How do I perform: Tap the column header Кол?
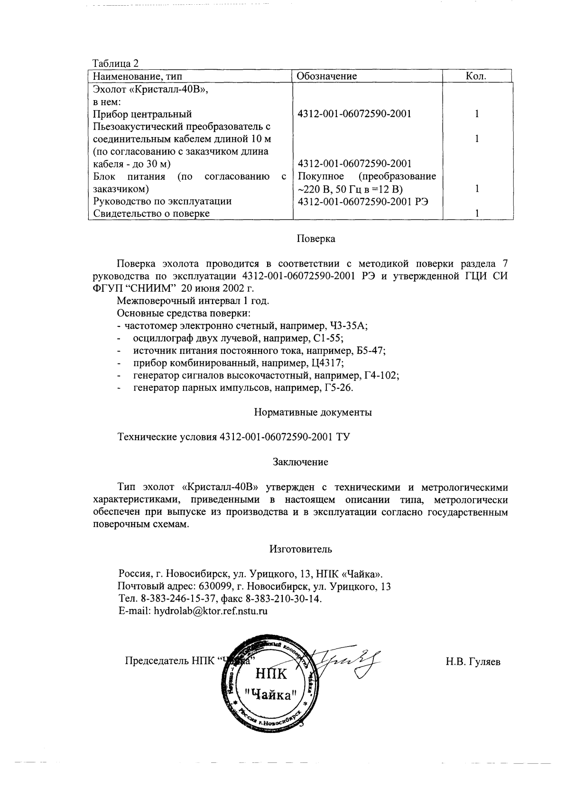476,76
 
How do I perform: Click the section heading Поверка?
316,239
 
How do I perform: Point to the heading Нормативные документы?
313,412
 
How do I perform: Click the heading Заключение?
300,462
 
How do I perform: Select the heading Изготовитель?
301,549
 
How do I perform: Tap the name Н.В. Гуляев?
473,661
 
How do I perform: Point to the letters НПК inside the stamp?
271,673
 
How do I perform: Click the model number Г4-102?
381,375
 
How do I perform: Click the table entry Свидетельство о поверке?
151,213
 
